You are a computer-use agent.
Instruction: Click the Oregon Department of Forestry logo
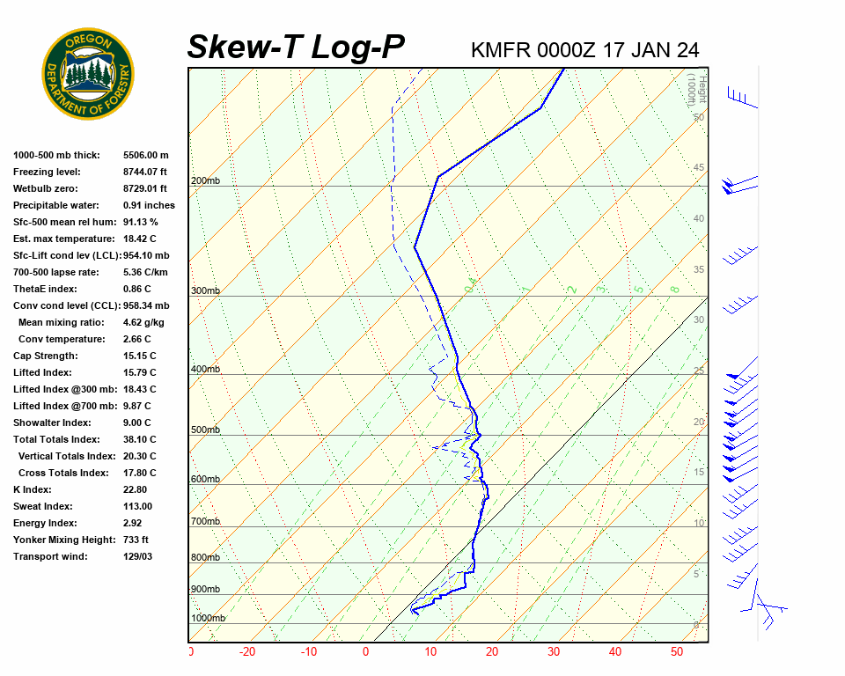[x=88, y=74]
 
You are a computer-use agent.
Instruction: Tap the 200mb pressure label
[x=205, y=181]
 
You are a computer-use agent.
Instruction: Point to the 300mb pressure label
[x=205, y=290]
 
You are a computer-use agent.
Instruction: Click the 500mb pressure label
[x=205, y=430]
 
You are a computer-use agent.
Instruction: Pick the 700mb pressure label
[x=205, y=522]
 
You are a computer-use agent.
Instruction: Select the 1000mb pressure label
[x=208, y=618]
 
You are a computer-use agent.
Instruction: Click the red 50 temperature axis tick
[x=677, y=652]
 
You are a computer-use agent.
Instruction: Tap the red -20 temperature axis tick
[x=247, y=652]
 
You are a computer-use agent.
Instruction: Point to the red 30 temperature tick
[x=553, y=652]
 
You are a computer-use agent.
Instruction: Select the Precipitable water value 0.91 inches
[x=149, y=205]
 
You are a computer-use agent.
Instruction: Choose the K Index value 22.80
[x=136, y=489]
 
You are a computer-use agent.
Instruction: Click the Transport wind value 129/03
[x=138, y=556]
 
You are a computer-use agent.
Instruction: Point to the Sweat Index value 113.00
[x=138, y=506]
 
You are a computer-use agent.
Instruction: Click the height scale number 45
[x=699, y=168]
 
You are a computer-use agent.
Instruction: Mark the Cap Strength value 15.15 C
[x=140, y=356]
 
